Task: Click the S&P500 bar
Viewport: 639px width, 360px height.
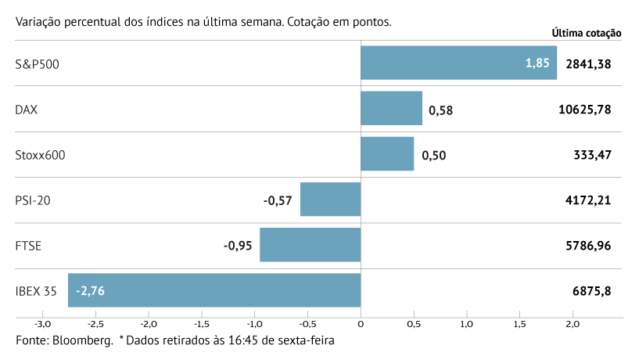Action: [458, 63]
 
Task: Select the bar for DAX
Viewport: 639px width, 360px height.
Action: [391, 108]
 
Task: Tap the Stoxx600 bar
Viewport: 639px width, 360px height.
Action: [387, 154]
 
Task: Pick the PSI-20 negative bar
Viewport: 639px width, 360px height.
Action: [330, 200]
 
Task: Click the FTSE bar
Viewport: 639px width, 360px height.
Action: [310, 245]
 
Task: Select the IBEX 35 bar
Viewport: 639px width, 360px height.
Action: [214, 290]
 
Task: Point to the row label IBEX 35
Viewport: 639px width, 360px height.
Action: [36, 291]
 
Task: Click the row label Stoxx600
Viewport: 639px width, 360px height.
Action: [40, 155]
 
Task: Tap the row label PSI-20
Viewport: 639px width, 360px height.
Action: [32, 200]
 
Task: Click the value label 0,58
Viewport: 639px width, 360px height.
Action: [441, 110]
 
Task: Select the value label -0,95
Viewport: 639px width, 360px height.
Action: [238, 246]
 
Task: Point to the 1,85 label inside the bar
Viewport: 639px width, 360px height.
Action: [537, 63]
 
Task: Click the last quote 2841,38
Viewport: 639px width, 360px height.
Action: [587, 63]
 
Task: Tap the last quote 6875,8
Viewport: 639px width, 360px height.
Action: [591, 291]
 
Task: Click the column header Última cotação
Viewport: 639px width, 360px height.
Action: [586, 33]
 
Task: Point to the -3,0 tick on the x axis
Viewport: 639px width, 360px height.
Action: [42, 324]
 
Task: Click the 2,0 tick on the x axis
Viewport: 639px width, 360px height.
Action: [573, 324]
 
